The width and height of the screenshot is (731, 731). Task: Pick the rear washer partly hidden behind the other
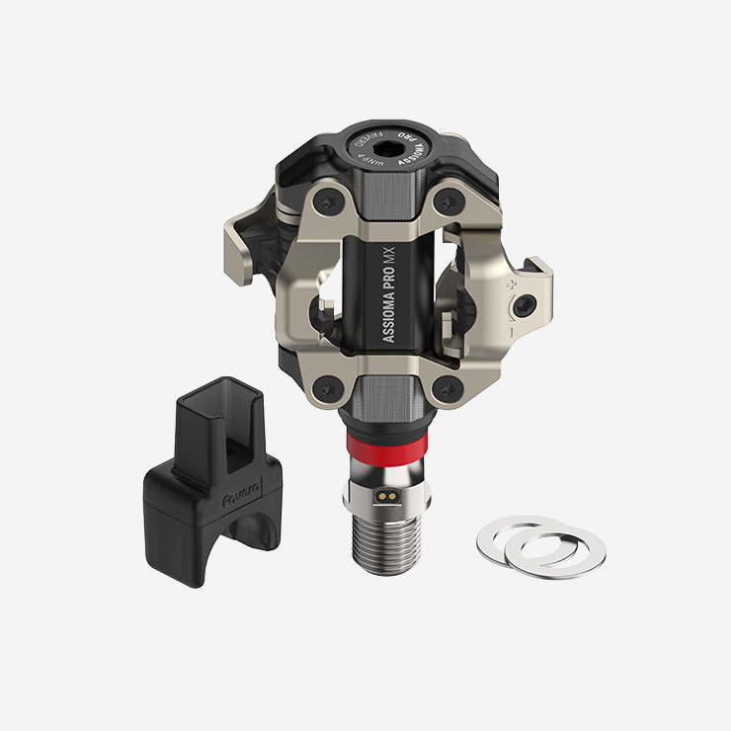[509, 533]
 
